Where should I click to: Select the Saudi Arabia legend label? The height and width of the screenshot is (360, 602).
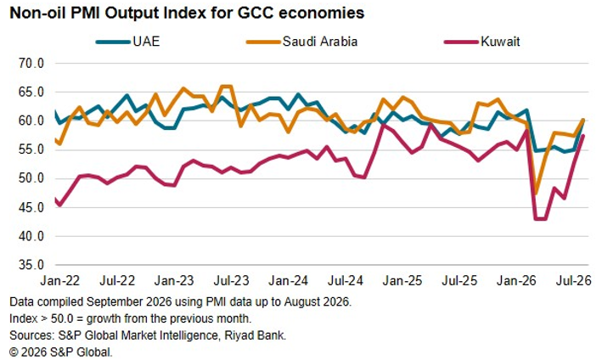tap(320, 42)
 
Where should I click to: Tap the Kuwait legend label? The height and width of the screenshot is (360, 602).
tap(500, 42)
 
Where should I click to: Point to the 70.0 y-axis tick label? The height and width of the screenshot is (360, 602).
tap(31, 63)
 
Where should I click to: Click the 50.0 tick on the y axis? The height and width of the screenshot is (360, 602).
tap(31, 178)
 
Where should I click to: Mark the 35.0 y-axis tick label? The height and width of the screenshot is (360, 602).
tap(31, 265)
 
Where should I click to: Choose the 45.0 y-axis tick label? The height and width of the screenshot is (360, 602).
tap(31, 207)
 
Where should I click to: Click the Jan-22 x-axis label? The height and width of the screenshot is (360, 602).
tap(60, 280)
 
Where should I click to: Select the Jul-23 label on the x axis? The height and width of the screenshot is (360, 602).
tap(231, 280)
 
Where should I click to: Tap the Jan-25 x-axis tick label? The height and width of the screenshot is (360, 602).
tap(402, 280)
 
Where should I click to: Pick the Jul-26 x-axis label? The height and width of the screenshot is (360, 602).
tap(574, 280)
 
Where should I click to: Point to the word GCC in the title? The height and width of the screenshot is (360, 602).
tap(256, 13)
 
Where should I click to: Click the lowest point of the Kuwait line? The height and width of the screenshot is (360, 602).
tap(540, 219)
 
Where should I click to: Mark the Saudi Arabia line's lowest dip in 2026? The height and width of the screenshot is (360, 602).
tap(536, 194)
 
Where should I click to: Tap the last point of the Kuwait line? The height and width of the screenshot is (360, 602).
tap(583, 136)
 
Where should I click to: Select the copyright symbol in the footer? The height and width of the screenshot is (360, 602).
tap(14, 352)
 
